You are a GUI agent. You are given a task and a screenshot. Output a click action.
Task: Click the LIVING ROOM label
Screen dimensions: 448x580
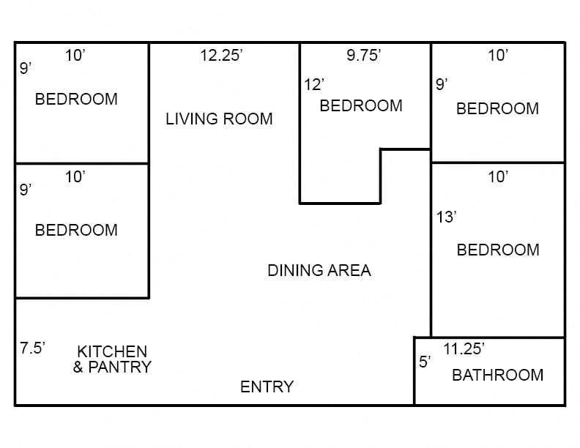point(219,119)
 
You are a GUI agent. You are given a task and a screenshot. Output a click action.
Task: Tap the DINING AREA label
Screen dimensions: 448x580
point(319,271)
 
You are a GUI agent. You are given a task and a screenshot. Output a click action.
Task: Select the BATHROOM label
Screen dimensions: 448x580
point(497,376)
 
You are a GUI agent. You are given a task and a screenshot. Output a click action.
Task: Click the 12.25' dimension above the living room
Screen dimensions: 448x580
point(221,56)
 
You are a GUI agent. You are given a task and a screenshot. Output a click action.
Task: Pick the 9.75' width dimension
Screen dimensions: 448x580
point(363,56)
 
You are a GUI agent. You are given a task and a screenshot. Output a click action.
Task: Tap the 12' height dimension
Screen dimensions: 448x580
point(313,85)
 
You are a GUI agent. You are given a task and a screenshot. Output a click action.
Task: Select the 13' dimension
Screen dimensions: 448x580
point(446,217)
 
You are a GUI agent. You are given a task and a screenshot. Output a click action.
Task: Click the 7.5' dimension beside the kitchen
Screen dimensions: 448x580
point(33,348)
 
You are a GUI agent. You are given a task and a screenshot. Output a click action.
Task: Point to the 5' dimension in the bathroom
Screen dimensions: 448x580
point(425,362)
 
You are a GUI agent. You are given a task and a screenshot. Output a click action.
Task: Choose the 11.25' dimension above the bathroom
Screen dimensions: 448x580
point(464,349)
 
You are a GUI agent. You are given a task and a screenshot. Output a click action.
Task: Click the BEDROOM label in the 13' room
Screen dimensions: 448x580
point(497,250)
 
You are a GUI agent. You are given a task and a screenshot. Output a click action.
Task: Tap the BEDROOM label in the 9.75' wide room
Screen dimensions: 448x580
point(361,106)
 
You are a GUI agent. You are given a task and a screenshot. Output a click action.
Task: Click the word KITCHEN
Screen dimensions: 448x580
point(112,352)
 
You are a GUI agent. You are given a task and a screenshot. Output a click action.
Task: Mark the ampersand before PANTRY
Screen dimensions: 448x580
point(78,367)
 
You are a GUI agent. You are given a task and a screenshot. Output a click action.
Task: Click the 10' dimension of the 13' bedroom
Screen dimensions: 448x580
point(497,176)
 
